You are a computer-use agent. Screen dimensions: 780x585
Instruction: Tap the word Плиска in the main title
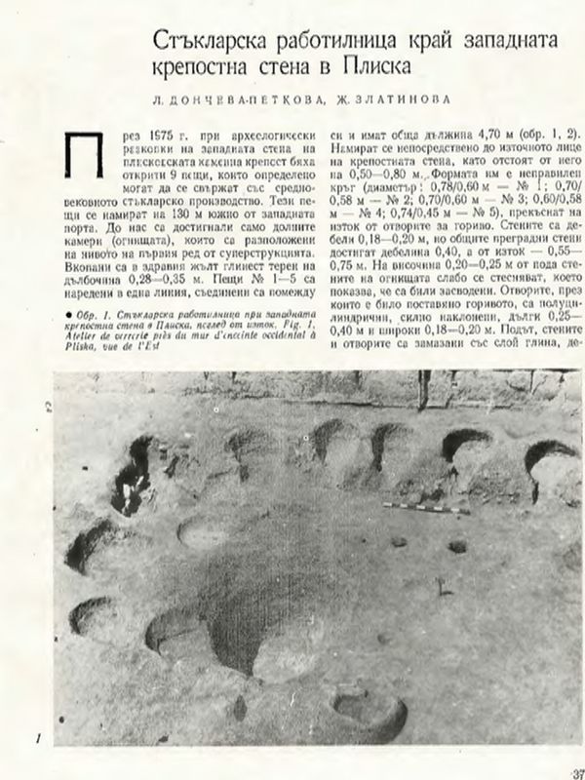370,69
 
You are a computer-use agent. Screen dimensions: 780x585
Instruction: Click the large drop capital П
79,154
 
